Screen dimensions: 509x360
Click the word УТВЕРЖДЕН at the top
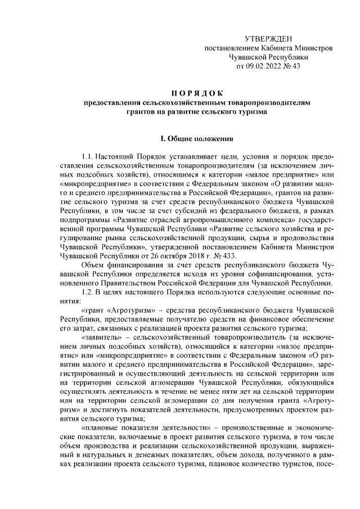268,38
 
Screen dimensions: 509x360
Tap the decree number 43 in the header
296,65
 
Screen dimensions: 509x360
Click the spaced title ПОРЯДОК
196,93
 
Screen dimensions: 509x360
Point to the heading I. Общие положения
196,138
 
